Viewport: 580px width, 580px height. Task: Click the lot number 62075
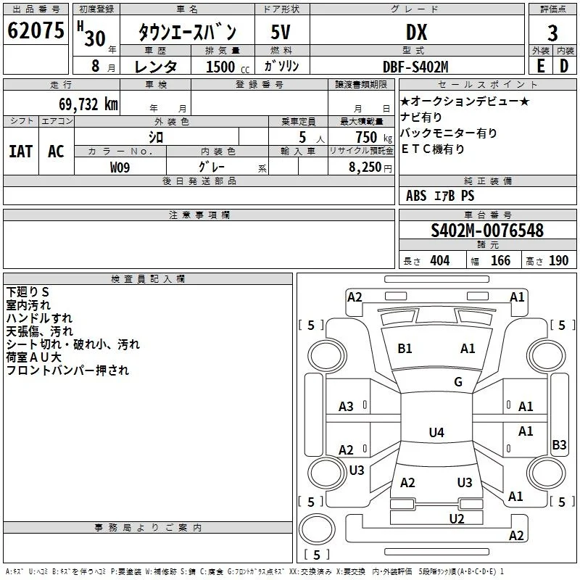click(36, 30)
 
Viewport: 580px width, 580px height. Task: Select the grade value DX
click(416, 32)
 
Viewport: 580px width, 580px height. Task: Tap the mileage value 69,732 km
click(88, 104)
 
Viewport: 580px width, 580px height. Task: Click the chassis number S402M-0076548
click(487, 231)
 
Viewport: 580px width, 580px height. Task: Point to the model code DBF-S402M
click(415, 67)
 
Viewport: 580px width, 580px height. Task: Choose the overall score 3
click(552, 33)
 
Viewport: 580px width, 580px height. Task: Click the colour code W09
click(120, 167)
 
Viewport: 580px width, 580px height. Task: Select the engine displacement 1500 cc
click(228, 67)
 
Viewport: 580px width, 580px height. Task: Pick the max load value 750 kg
click(373, 138)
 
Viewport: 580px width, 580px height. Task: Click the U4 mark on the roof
click(436, 432)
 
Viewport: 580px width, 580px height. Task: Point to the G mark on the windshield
click(458, 382)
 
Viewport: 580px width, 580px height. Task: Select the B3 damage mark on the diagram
click(559, 444)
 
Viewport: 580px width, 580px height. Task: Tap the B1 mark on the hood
click(405, 349)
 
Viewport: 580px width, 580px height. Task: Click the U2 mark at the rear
click(457, 518)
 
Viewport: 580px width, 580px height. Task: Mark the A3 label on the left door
click(346, 407)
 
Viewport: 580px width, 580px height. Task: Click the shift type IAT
click(21, 152)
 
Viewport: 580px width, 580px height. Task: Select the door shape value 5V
click(281, 32)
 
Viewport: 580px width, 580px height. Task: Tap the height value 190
click(558, 260)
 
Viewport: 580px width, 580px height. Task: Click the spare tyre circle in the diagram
click(317, 529)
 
